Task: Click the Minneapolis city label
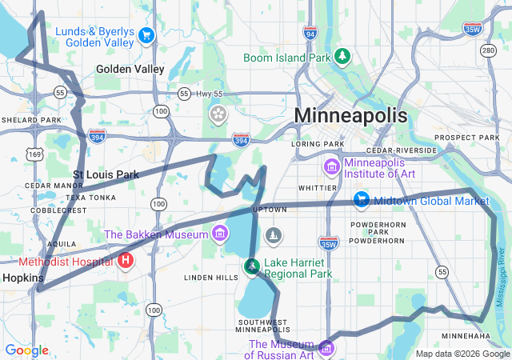click(x=350, y=115)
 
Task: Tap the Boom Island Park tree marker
click(x=343, y=56)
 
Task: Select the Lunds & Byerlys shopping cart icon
click(x=146, y=35)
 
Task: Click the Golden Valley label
click(x=130, y=70)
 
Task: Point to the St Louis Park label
click(x=106, y=174)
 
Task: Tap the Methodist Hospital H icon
click(x=125, y=260)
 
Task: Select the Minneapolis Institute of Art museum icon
click(x=331, y=167)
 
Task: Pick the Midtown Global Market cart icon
click(x=362, y=200)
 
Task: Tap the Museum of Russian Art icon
click(x=326, y=348)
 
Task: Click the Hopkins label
click(x=18, y=278)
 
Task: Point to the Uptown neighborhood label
click(x=270, y=210)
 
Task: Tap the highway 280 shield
click(x=488, y=50)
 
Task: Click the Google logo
click(x=26, y=350)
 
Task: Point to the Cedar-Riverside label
click(x=402, y=150)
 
